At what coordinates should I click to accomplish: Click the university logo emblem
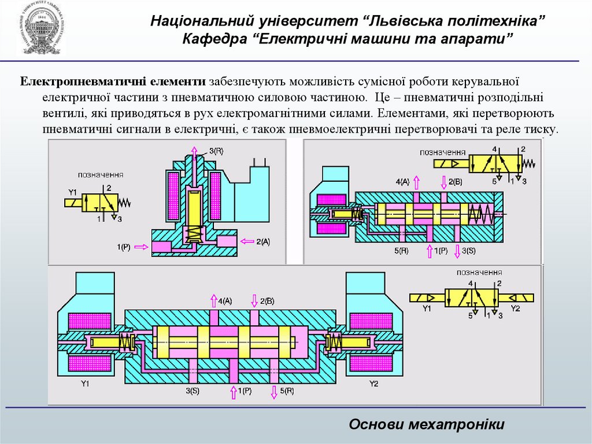[41, 30]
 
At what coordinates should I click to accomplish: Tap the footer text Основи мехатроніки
[427, 424]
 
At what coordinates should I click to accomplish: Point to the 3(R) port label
[216, 151]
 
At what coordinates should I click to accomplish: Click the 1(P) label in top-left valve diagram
[124, 247]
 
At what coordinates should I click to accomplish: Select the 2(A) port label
[263, 241]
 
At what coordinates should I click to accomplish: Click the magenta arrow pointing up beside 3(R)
[194, 153]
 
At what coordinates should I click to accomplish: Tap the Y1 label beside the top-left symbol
[73, 192]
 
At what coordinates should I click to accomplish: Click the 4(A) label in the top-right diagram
[402, 182]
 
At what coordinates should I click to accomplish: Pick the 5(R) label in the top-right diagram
[401, 250]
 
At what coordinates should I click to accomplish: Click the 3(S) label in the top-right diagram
[468, 250]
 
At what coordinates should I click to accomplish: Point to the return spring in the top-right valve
[480, 214]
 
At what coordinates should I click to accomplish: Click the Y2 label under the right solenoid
[373, 384]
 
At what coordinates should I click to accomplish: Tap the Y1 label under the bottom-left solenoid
[86, 384]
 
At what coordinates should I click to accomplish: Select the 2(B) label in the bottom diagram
[267, 301]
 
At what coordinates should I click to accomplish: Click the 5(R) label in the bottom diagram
[287, 391]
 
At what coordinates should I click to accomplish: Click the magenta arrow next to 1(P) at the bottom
[234, 392]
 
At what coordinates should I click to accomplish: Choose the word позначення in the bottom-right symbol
[479, 272]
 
